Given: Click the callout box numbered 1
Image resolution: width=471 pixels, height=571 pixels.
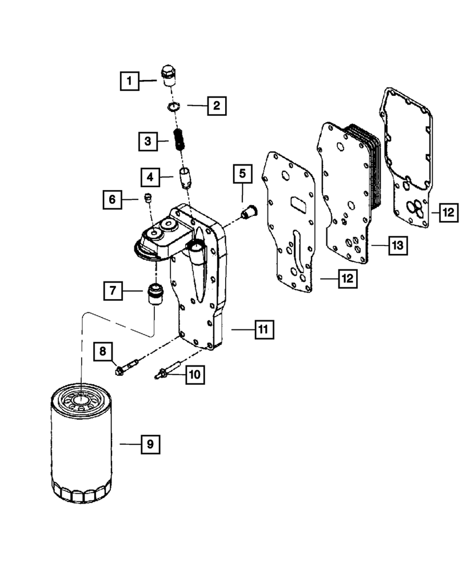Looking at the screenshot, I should pos(129,81).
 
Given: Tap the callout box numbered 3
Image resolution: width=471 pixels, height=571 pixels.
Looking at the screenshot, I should pos(147,140).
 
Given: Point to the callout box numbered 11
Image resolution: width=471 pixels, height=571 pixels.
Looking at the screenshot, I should pos(262,329).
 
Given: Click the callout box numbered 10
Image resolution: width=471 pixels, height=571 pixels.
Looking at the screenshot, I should pos(194,375).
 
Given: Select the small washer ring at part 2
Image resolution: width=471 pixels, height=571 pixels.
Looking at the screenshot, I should pos(174,107).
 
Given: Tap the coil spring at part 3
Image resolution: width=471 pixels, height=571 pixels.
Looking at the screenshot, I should pos(178,140).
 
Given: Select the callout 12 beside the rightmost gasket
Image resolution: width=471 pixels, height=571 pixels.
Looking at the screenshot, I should pos(448,212).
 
